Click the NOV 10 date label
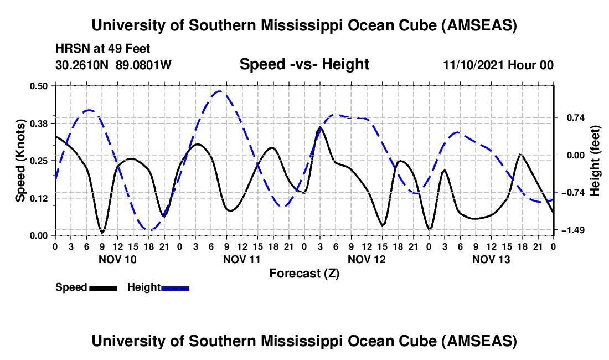pyautogui.click(x=117, y=259)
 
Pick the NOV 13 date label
pyautogui.click(x=491, y=259)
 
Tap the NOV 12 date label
pyautogui.click(x=367, y=259)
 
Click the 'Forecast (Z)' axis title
pyautogui.click(x=304, y=273)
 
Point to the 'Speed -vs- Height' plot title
pyautogui.click(x=304, y=65)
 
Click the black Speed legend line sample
pyautogui.click(x=103, y=287)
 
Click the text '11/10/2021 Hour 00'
pyautogui.click(x=498, y=65)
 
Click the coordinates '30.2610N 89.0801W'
pyautogui.click(x=113, y=65)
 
